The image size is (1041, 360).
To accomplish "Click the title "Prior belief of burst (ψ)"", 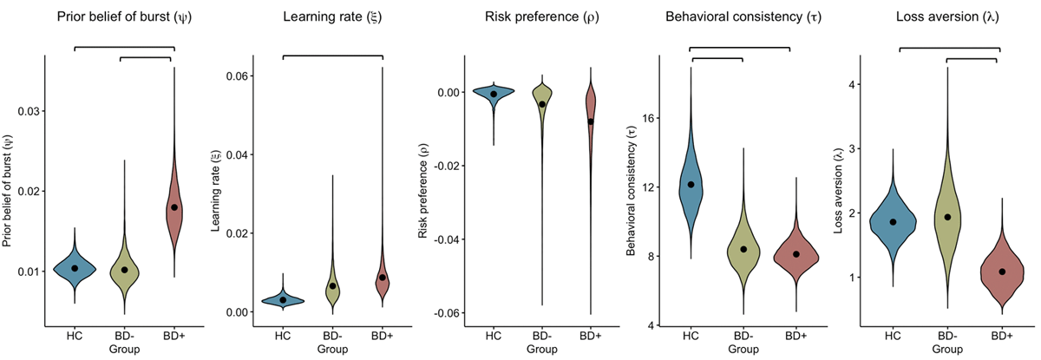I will coord(125,17).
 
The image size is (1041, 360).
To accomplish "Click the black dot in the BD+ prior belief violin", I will coord(174,207).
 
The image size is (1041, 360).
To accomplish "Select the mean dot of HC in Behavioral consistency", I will coord(691,184).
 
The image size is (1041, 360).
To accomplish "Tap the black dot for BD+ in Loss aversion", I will coord(1002,272).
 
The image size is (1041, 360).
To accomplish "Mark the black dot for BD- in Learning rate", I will coord(332,286).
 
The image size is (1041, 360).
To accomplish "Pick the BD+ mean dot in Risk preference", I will coord(591,121).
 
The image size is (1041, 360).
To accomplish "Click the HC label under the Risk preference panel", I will coord(494,337).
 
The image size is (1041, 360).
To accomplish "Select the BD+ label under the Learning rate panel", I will coord(383,337).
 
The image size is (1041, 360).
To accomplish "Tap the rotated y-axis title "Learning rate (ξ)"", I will coord(216,191).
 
